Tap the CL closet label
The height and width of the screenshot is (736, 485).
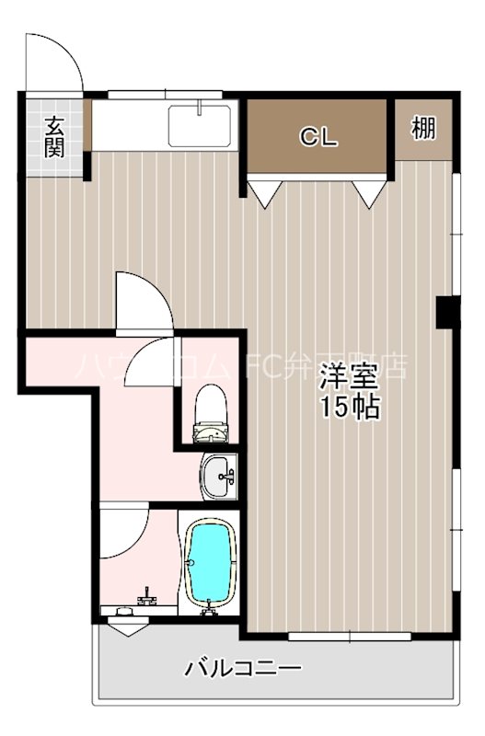pyautogui.click(x=318, y=138)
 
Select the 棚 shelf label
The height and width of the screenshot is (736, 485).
pyautogui.click(x=423, y=129)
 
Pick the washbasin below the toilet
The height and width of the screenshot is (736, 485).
pyautogui.click(x=219, y=477)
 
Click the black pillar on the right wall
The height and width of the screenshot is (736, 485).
pyautogui.click(x=446, y=313)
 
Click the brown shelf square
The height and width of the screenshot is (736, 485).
pyautogui.click(x=423, y=129)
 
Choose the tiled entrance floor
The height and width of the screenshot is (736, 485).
pyautogui.click(x=55, y=138)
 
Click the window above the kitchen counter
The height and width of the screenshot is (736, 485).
pyautogui.click(x=166, y=93)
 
